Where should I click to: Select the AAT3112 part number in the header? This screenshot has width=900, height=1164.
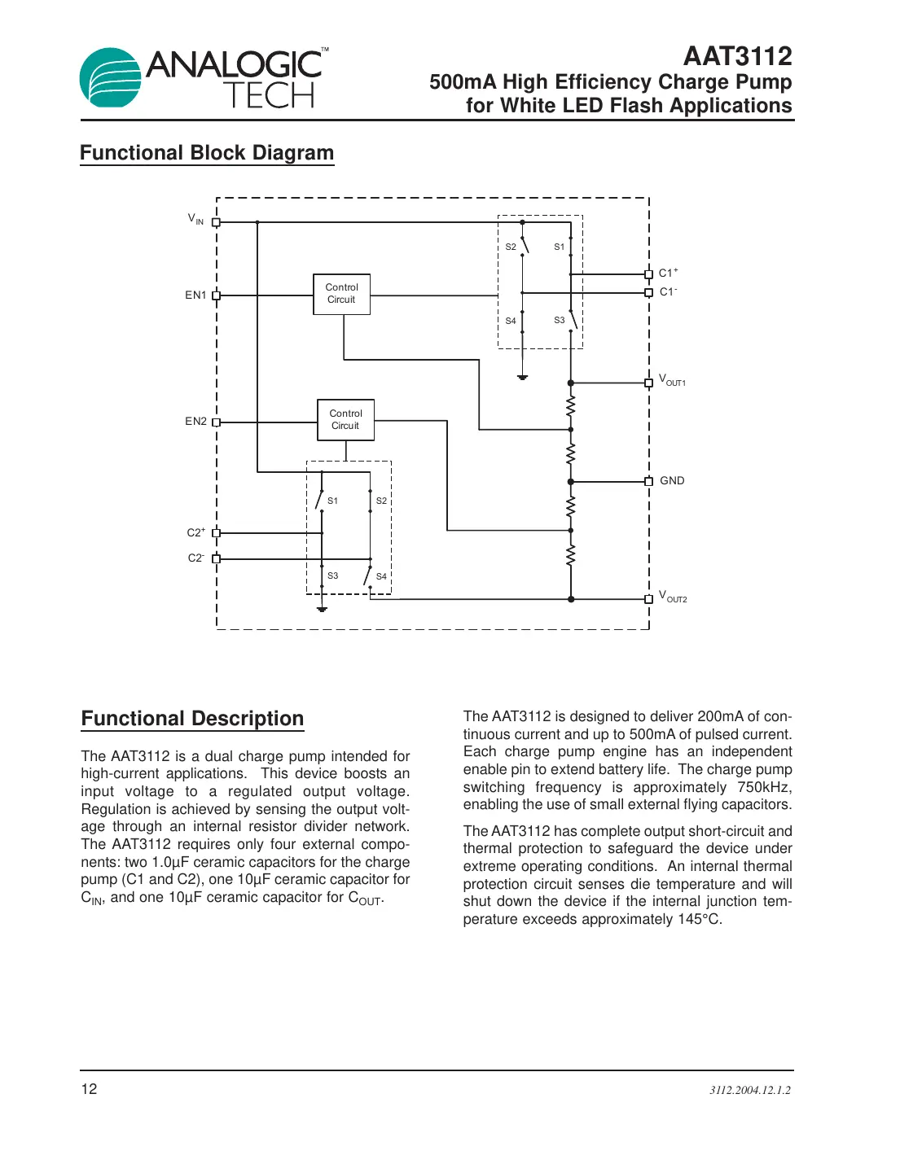pyautogui.click(x=737, y=56)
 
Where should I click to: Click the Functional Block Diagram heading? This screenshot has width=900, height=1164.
pyautogui.click(x=207, y=153)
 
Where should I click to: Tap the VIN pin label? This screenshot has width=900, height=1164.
pyautogui.click(x=195, y=219)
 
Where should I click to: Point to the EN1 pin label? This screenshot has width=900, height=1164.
pyautogui.click(x=195, y=295)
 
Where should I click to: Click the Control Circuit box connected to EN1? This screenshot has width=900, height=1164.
pyautogui.click(x=341, y=294)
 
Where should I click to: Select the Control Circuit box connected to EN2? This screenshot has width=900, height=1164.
pyautogui.click(x=345, y=420)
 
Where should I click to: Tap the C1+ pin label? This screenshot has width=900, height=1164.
pyautogui.click(x=668, y=273)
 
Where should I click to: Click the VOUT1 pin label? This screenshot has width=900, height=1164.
pyautogui.click(x=672, y=381)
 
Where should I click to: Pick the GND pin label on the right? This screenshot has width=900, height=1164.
pyautogui.click(x=672, y=481)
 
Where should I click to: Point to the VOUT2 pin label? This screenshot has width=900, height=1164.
pyautogui.click(x=673, y=597)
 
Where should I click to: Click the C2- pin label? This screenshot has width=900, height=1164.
pyautogui.click(x=195, y=558)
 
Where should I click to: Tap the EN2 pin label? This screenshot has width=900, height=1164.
pyautogui.click(x=195, y=422)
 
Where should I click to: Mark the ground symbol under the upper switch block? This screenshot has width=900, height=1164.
pyautogui.click(x=523, y=377)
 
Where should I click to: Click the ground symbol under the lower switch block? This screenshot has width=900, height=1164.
pyautogui.click(x=322, y=608)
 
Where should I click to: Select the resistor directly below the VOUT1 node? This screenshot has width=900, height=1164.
pyautogui.click(x=571, y=405)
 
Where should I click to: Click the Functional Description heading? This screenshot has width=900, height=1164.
pyautogui.click(x=192, y=719)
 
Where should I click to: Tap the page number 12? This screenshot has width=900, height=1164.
pyautogui.click(x=89, y=1089)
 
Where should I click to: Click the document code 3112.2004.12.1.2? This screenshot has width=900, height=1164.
pyautogui.click(x=749, y=1090)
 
